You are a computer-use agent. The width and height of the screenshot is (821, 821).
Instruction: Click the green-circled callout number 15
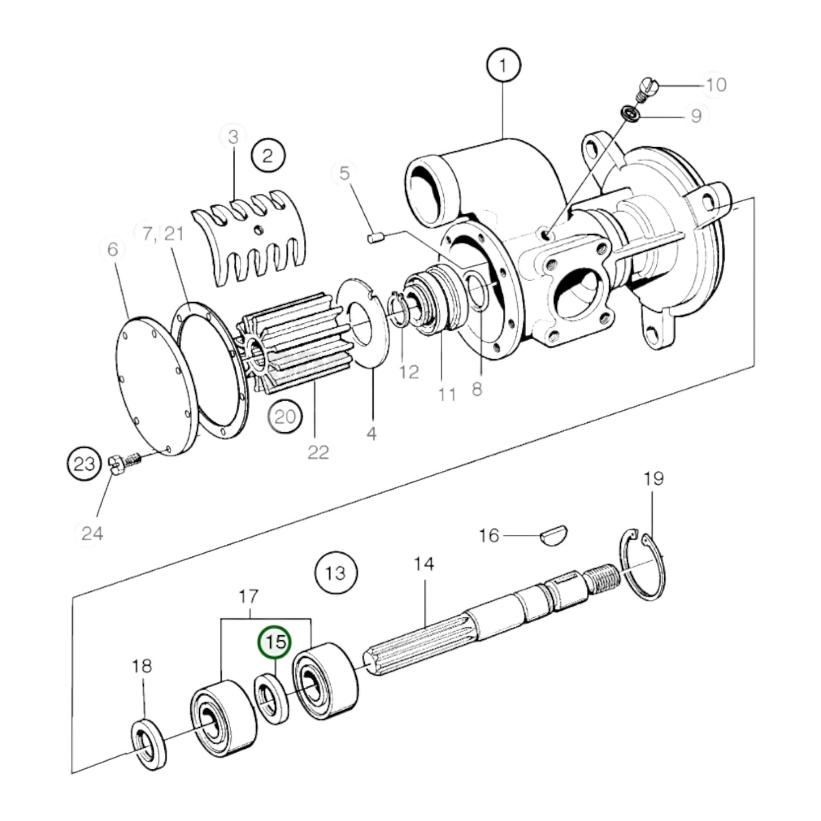click(275, 643)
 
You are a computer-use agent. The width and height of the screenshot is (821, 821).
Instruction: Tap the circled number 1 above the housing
click(503, 65)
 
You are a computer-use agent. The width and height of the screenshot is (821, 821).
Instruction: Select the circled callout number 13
click(336, 572)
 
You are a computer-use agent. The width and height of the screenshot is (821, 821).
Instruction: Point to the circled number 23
click(85, 464)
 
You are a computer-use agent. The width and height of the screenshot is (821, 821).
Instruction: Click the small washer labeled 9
click(631, 114)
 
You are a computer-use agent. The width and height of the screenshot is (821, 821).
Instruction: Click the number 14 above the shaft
click(424, 564)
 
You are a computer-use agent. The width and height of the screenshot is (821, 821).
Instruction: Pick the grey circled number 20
click(285, 417)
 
